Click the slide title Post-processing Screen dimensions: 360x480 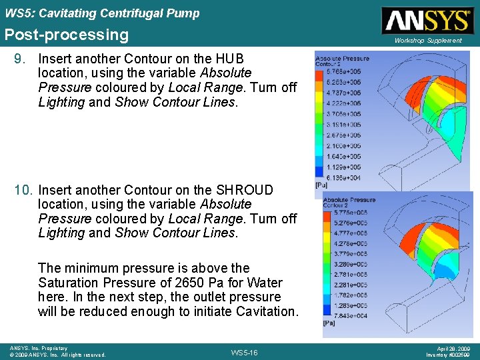pyautogui.click(x=67, y=35)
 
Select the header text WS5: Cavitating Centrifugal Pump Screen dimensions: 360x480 pyautogui.click(x=102, y=13)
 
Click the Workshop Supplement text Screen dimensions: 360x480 pyautogui.click(x=427, y=41)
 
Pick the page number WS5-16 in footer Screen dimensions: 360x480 pyautogui.click(x=243, y=351)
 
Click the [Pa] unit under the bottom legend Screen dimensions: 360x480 pyautogui.click(x=329, y=323)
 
